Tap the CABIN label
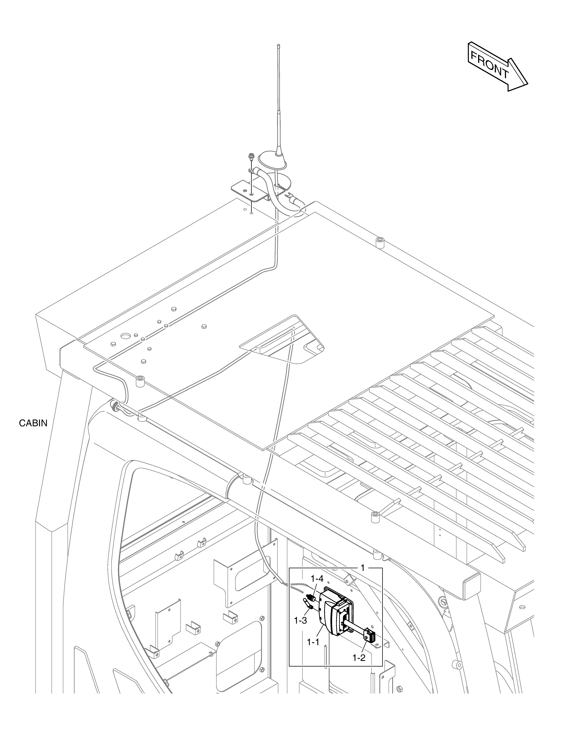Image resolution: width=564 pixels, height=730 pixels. click(x=33, y=423)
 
